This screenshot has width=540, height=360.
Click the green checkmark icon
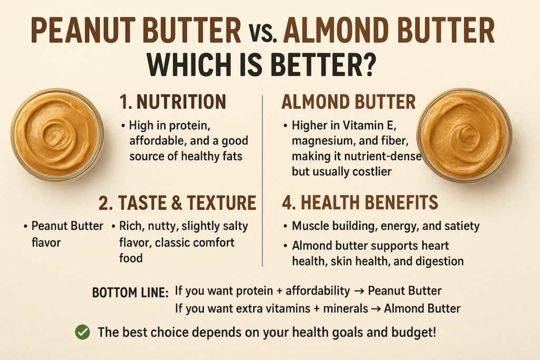pyautogui.click(x=83, y=332)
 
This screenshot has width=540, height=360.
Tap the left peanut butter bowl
pyautogui.click(x=57, y=135)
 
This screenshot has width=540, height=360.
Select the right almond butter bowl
pyautogui.click(x=464, y=135)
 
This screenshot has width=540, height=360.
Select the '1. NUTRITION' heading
pyautogui.click(x=172, y=102)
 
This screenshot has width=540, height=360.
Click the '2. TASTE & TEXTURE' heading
pyautogui.click(x=177, y=203)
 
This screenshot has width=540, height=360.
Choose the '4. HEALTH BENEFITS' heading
pyautogui.click(x=360, y=202)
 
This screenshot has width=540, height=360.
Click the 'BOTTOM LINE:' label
pyautogui.click(x=130, y=293)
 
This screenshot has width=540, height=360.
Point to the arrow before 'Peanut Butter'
pyautogui.click(x=359, y=291)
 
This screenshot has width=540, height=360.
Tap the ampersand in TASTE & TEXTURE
pyautogui.click(x=176, y=203)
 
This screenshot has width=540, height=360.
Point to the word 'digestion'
pyautogui.click(x=439, y=261)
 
